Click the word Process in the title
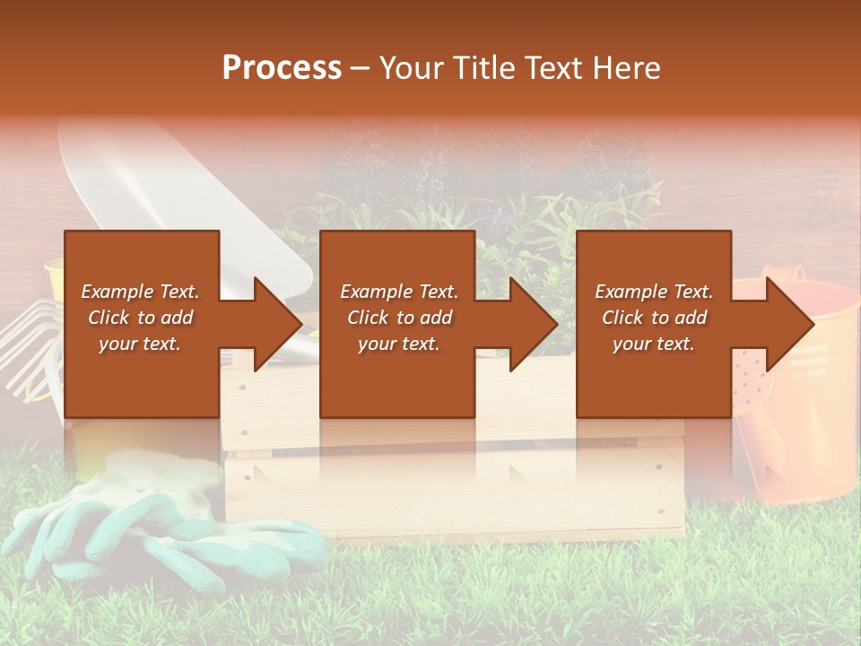click(282, 67)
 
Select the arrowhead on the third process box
click(788, 324)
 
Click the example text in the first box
click(141, 318)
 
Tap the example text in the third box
click(654, 318)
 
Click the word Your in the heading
click(409, 67)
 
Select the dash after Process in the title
click(360, 68)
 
